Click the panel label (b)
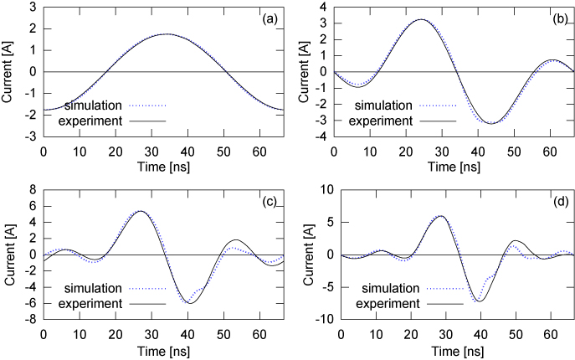(x=559, y=15)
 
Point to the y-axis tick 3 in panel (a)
(x=33, y=7)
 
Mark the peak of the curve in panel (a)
(x=167, y=34)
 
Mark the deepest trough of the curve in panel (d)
(x=479, y=301)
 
